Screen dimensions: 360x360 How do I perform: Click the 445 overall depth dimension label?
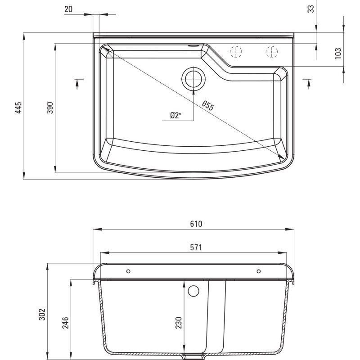(x=18, y=108)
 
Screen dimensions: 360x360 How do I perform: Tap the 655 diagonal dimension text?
(x=207, y=106)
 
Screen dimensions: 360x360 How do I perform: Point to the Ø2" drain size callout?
(x=175, y=116)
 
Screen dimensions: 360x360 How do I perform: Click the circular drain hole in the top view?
(x=193, y=79)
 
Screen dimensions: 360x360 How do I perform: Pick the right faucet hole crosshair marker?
(x=271, y=53)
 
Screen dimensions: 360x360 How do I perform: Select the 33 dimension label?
(x=310, y=8)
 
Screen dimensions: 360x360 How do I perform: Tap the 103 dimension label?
(x=338, y=53)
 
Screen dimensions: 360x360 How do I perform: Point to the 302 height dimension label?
(x=41, y=314)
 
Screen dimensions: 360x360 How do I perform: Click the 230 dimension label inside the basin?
(x=179, y=322)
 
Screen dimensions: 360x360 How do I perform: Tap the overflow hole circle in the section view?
(x=193, y=291)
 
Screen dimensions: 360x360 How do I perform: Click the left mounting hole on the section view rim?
(x=129, y=271)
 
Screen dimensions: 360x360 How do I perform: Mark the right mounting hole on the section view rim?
(x=259, y=271)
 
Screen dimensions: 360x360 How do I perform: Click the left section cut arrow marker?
(x=78, y=82)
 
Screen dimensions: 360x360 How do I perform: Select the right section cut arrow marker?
(x=309, y=82)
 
